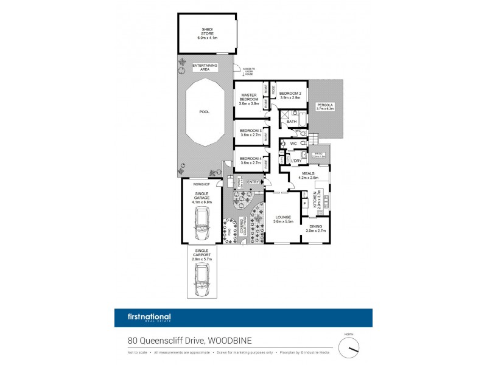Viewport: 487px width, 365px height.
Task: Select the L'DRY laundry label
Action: click(x=297, y=161)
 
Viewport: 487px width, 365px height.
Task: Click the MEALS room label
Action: click(x=306, y=175)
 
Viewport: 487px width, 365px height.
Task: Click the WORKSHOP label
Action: click(x=201, y=184)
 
